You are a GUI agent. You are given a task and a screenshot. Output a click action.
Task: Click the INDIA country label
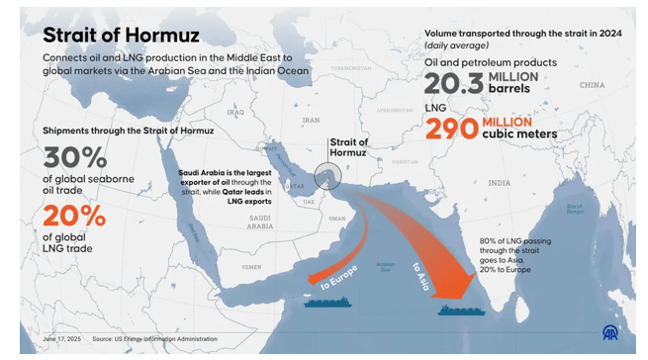[499, 183]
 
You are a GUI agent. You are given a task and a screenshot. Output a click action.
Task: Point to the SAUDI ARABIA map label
[260, 222]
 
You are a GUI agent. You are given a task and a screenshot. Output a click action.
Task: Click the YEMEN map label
[253, 268]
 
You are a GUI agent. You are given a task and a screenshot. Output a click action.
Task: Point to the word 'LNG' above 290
[435, 105]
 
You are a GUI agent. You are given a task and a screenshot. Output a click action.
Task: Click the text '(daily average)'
[456, 45]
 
